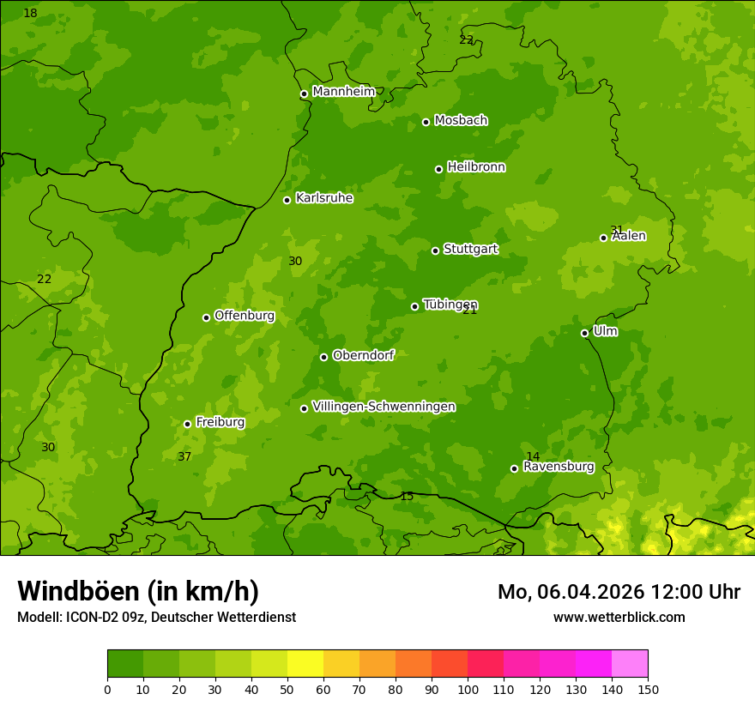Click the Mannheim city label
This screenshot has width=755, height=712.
tap(343, 92)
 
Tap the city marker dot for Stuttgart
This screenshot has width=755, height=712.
tap(435, 250)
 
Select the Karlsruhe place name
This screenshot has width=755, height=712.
tap(323, 198)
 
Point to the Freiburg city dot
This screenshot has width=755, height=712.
tap(187, 424)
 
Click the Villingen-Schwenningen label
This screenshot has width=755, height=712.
tap(384, 407)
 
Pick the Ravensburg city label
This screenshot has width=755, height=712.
tap(558, 467)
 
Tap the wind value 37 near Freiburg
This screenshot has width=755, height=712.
tap(184, 457)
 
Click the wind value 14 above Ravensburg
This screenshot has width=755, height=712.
tap(533, 457)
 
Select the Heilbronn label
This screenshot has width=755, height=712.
tap(476, 167)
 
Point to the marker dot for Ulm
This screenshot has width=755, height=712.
tap(584, 333)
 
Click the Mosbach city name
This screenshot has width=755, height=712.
tap(461, 120)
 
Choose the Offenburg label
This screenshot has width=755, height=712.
tap(245, 316)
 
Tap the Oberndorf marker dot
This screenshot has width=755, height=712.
tap(323, 357)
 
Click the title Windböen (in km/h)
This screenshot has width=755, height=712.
tap(138, 591)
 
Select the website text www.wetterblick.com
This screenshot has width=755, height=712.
tap(619, 617)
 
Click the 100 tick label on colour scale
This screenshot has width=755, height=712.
tap(468, 689)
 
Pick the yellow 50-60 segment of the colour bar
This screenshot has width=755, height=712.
tap(305, 664)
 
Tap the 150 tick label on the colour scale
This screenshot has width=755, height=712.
tap(648, 689)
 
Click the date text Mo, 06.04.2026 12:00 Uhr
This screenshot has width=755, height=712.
tap(619, 592)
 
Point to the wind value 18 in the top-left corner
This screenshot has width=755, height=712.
tap(30, 14)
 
